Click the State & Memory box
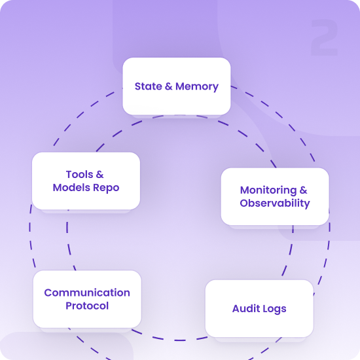click(177, 86)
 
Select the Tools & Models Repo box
click(86, 181)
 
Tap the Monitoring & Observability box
click(275, 196)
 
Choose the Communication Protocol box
click(87, 299)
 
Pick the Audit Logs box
click(259, 308)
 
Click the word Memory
click(197, 87)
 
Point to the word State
click(149, 86)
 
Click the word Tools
click(79, 175)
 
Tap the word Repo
click(106, 188)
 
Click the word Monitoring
click(268, 190)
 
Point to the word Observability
click(275, 204)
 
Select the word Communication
click(87, 293)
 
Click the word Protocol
click(87, 306)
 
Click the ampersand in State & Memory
click(169, 86)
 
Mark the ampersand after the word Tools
click(99, 175)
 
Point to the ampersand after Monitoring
click(303, 190)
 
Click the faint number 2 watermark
click(324, 37)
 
